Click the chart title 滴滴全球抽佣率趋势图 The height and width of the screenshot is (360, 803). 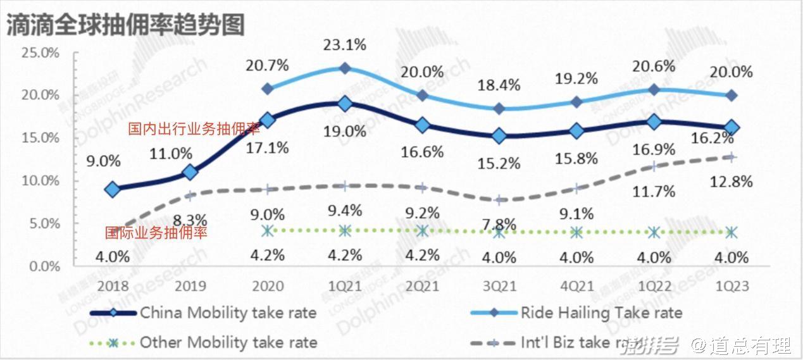(x=125, y=25)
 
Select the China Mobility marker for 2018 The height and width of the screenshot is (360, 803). (x=113, y=189)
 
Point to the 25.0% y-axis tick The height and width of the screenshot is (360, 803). (x=40, y=53)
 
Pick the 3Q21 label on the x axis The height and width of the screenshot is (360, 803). (x=500, y=286)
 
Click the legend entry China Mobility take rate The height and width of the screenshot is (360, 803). (x=228, y=313)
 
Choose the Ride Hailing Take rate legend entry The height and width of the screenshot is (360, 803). (x=601, y=313)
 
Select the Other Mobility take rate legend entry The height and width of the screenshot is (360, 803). (x=228, y=343)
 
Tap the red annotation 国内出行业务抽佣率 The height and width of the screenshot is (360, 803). (x=194, y=130)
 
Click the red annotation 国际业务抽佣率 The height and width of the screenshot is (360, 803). (x=156, y=233)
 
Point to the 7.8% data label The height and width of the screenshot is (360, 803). (x=500, y=224)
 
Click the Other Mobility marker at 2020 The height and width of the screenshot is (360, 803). (x=268, y=231)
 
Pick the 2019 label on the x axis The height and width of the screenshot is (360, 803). (x=190, y=286)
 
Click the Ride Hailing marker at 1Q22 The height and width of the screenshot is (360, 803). (x=654, y=90)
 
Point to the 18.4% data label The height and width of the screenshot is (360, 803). (x=500, y=85)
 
